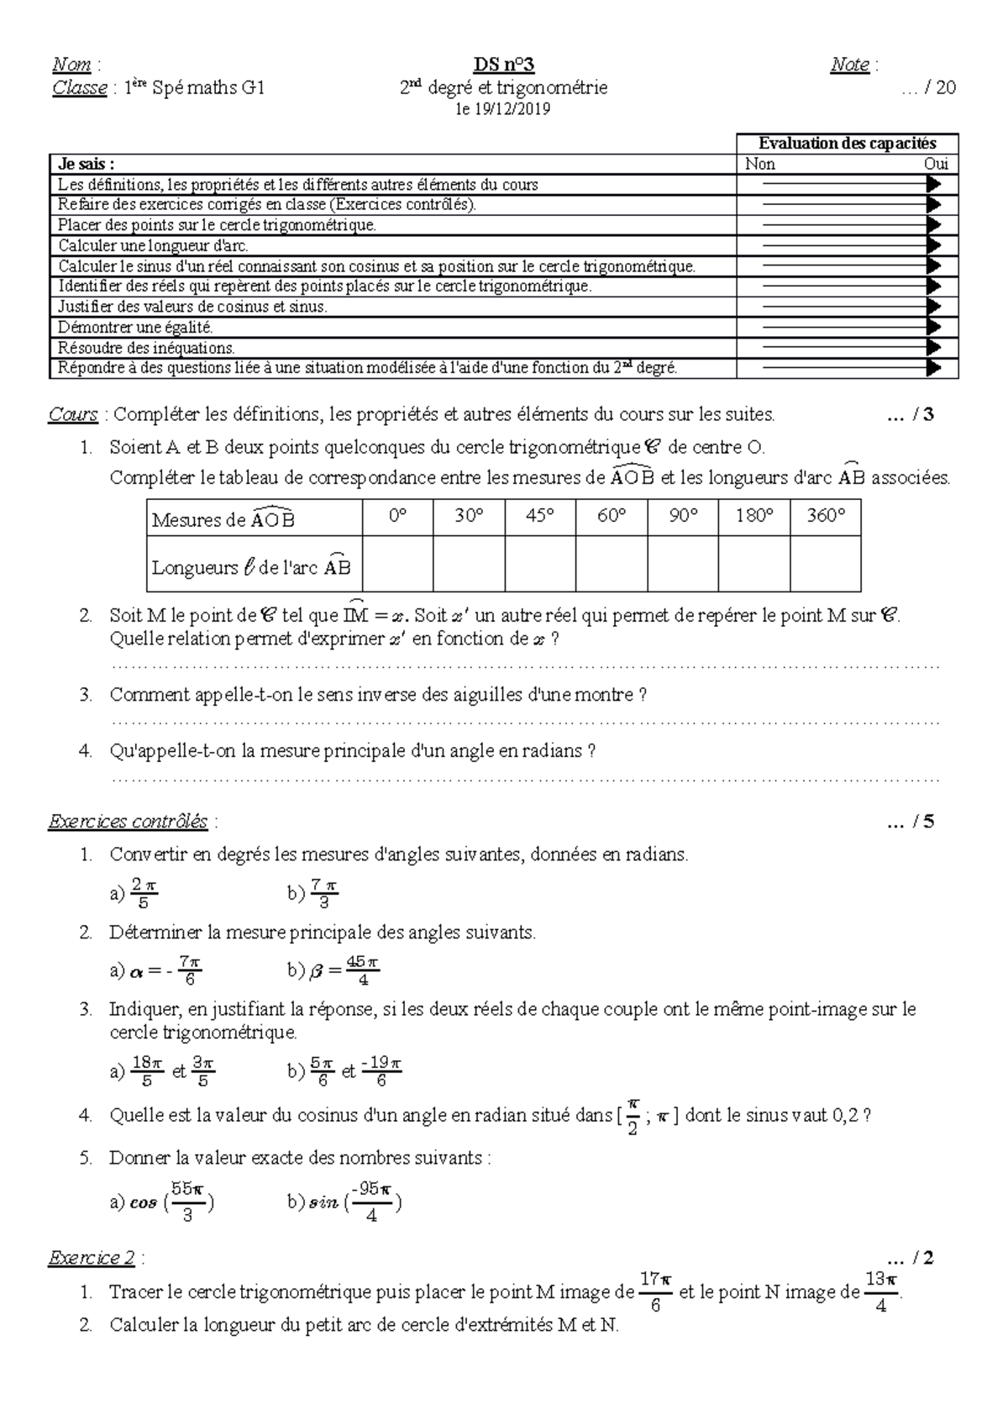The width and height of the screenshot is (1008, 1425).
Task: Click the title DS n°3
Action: point(503,66)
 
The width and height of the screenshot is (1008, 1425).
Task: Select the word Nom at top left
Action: point(71,65)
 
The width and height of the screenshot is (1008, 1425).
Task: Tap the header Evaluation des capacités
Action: point(847,144)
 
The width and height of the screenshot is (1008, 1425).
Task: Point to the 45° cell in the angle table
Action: point(540,517)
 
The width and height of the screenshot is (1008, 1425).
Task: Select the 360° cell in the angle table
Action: point(825,517)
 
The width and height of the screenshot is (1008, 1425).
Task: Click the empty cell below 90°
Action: point(683,565)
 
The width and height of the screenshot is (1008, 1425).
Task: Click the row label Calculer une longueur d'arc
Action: point(154,246)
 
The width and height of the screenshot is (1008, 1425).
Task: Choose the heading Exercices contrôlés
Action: point(128,822)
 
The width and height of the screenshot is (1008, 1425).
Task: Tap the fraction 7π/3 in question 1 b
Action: point(323,894)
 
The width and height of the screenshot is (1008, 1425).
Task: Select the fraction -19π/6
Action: point(381,1071)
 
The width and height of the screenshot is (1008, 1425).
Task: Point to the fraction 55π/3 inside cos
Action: point(187,1202)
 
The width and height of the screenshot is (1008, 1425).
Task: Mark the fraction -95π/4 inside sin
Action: point(371,1202)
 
